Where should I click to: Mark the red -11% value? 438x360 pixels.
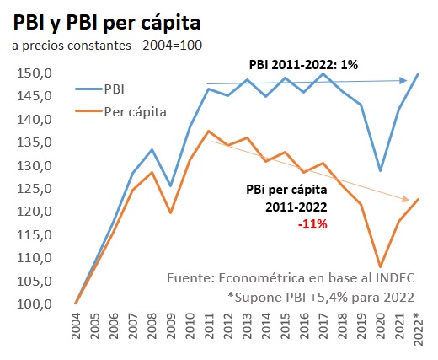312,225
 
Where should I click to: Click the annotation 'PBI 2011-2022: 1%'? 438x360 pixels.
308,65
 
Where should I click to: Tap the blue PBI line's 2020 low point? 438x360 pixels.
380,171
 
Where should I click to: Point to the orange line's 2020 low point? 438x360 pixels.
380,266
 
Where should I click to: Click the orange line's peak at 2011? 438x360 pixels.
208,131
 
